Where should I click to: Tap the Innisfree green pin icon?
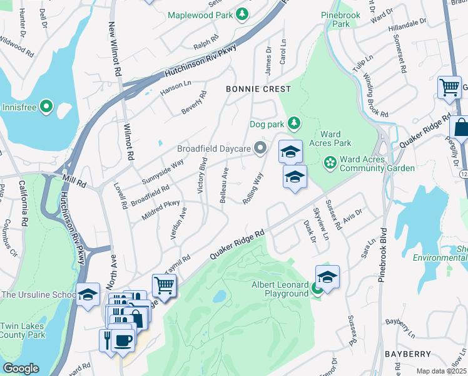point(46,107)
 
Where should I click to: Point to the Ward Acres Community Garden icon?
point(330,164)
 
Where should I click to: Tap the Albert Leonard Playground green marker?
point(317,288)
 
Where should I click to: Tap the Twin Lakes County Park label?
point(23,330)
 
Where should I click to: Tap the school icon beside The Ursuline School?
point(88,294)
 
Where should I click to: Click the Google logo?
point(21,368)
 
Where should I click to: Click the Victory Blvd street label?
point(203,175)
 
